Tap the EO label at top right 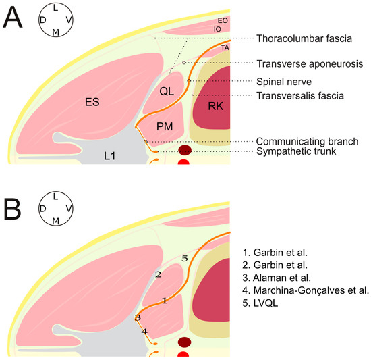click(x=223, y=21)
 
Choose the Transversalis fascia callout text click(x=300, y=96)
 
